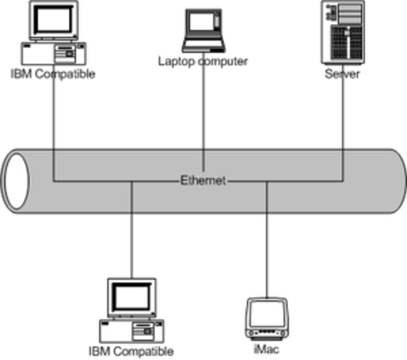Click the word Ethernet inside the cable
pos(203,181)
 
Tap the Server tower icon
pos(341,33)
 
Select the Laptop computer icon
pos(202,29)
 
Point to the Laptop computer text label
pos(202,60)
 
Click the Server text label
pos(342,74)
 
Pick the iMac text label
pos(267,349)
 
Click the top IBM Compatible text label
pos(52,74)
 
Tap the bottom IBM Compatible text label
pos(131,350)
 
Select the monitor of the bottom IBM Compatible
pos(132,297)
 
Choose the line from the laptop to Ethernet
pos(202,120)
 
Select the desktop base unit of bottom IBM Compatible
pos(131,331)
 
